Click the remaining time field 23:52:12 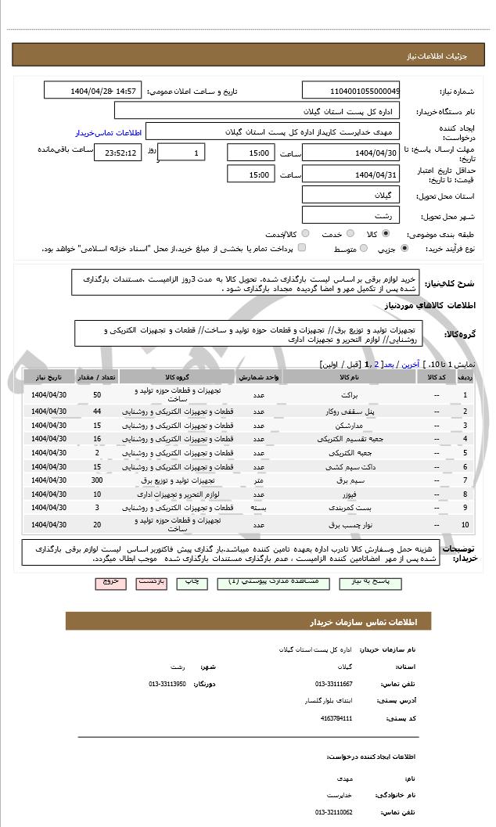[x=117, y=153]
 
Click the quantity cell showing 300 [x=97, y=480]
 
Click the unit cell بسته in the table [x=257, y=508]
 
